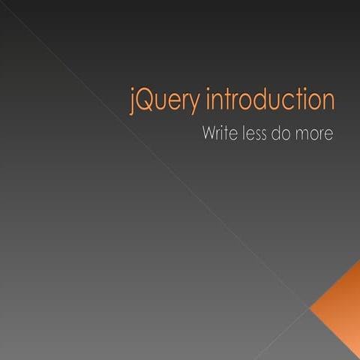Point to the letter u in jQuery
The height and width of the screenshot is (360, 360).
coord(158,103)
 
